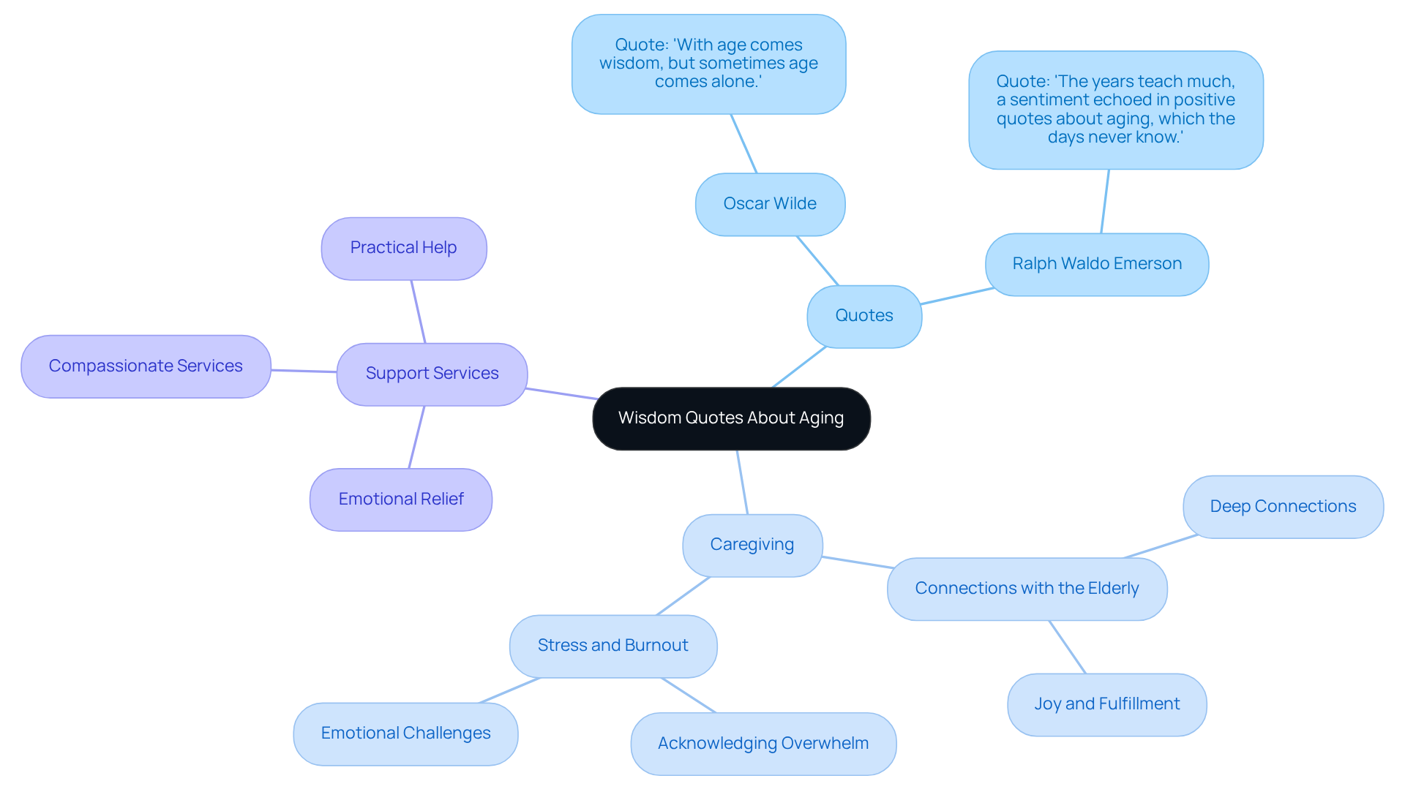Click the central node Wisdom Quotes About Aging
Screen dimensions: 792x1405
click(x=731, y=418)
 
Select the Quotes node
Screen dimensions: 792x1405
click(x=864, y=316)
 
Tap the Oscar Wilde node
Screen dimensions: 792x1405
click(x=770, y=204)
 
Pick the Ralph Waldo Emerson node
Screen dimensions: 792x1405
click(x=1096, y=264)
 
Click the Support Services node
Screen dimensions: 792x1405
click(x=432, y=374)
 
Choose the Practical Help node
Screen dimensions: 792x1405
click(x=403, y=248)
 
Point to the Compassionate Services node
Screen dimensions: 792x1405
click(x=146, y=366)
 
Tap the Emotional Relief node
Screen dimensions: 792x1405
click(x=400, y=499)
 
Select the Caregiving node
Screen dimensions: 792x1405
click(x=752, y=545)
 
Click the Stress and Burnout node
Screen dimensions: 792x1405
click(x=612, y=646)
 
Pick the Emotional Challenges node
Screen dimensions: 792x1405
click(x=405, y=733)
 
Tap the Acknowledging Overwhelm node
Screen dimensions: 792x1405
click(x=763, y=744)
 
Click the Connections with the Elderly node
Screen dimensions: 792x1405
click(x=1027, y=589)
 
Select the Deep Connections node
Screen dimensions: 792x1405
click(x=1283, y=507)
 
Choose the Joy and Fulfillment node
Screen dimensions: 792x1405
click(x=1106, y=704)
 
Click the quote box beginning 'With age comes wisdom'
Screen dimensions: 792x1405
click(x=708, y=64)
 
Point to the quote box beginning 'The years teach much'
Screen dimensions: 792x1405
click(x=1115, y=110)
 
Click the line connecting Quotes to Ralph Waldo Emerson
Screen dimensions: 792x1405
click(x=957, y=296)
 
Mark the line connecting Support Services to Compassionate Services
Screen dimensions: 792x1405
click(x=304, y=371)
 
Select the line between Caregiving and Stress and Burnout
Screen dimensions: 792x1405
click(x=683, y=595)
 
